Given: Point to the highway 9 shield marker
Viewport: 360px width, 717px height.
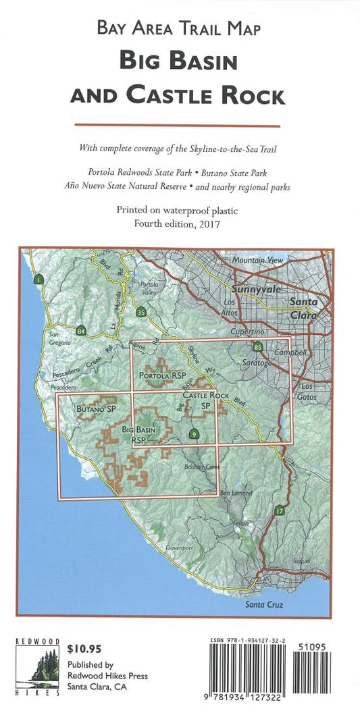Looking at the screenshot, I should tap(195, 434).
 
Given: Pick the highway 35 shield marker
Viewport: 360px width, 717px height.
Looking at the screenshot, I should tap(140, 311).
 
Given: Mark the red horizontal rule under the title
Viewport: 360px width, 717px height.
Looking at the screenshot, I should tap(177, 125).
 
